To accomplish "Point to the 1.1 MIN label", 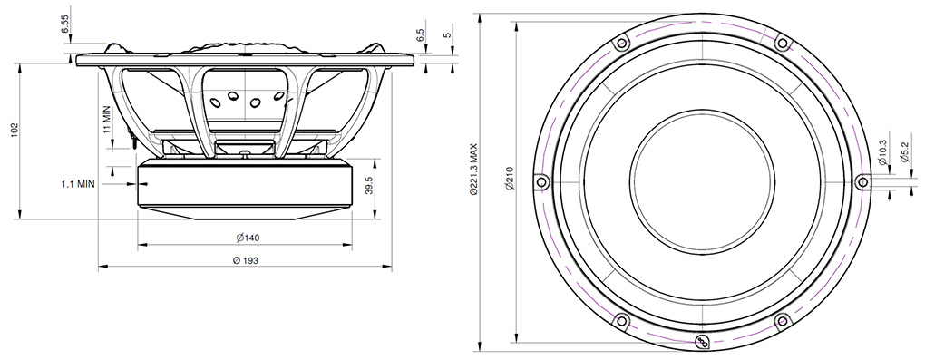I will (78, 183).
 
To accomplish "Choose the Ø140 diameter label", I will (247, 238).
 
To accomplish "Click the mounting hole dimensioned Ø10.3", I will (858, 181).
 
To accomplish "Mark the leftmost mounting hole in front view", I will (541, 181).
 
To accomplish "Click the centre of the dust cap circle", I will (700, 180).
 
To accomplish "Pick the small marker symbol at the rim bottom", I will (700, 341).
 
